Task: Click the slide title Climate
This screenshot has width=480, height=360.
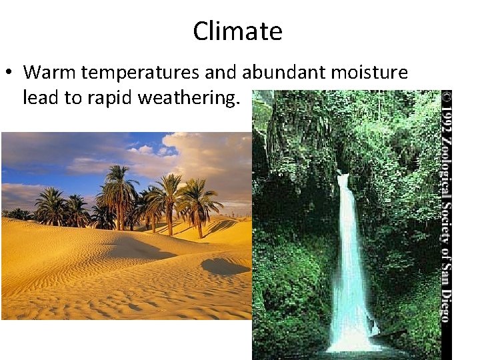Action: [x=238, y=31]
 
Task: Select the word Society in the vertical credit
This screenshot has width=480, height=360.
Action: [x=447, y=227]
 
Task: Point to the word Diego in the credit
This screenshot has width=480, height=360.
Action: [x=447, y=303]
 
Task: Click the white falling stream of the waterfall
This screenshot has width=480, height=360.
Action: [x=349, y=253]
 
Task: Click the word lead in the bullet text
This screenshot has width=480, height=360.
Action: [x=38, y=99]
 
